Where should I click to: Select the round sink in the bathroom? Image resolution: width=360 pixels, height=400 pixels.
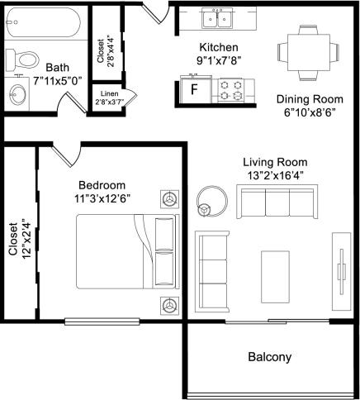tap(19, 93)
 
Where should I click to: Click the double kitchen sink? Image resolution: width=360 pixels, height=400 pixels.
tap(220, 18)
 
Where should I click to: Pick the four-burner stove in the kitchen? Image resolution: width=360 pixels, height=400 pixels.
tap(228, 90)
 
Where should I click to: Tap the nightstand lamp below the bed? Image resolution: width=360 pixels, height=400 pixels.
tap(170, 305)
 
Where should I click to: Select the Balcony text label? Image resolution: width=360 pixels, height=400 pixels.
tap(269, 358)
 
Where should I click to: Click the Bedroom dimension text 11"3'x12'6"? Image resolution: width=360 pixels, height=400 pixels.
tap(102, 198)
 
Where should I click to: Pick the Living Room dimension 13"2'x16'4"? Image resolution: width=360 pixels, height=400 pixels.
tap(275, 175)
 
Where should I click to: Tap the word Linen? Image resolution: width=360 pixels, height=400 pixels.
tap(109, 93)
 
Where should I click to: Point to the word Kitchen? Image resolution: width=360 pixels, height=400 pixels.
tap(219, 47)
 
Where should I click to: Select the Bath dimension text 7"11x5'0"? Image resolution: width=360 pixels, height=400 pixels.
tap(57, 81)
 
